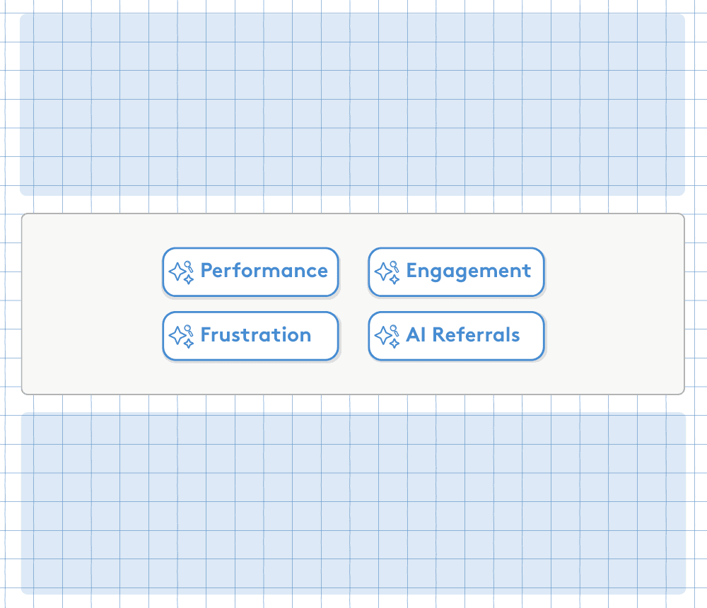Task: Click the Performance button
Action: coord(250,272)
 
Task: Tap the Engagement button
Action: coord(456,272)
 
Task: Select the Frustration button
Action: coord(250,336)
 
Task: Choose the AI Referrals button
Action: coord(456,336)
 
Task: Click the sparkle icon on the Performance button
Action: coord(181,272)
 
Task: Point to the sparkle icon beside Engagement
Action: coord(387,272)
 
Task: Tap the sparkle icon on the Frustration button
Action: coord(181,337)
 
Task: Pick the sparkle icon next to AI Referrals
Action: coord(387,337)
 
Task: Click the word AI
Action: coord(416,335)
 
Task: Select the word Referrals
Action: coord(476,335)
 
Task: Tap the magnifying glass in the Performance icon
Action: coord(189,266)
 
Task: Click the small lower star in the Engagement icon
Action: coord(395,280)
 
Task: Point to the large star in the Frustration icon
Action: coord(177,335)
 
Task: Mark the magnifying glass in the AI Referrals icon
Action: coord(395,330)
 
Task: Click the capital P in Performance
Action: coord(206,271)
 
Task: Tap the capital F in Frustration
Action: coord(206,335)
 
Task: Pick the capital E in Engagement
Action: coord(412,271)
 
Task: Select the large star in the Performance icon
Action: coord(177,271)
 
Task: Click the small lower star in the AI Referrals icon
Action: coord(395,344)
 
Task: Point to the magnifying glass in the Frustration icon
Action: coord(189,330)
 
